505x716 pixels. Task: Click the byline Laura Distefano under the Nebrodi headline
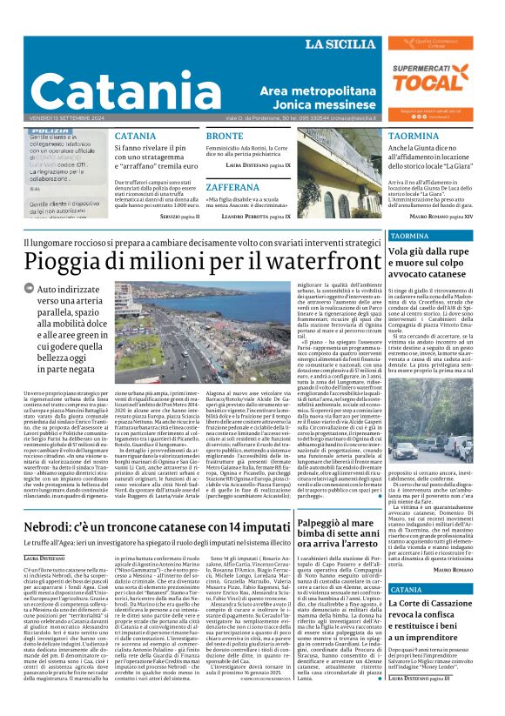[x=44, y=532]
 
